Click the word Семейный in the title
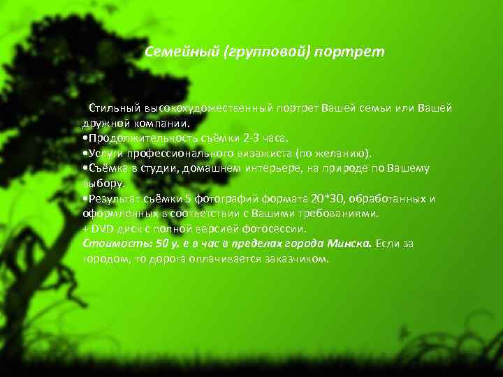pyautogui.click(x=180, y=52)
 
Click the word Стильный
pyautogui.click(x=115, y=108)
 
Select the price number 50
pyautogui.click(x=163, y=244)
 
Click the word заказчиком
pyautogui.click(x=296, y=259)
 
